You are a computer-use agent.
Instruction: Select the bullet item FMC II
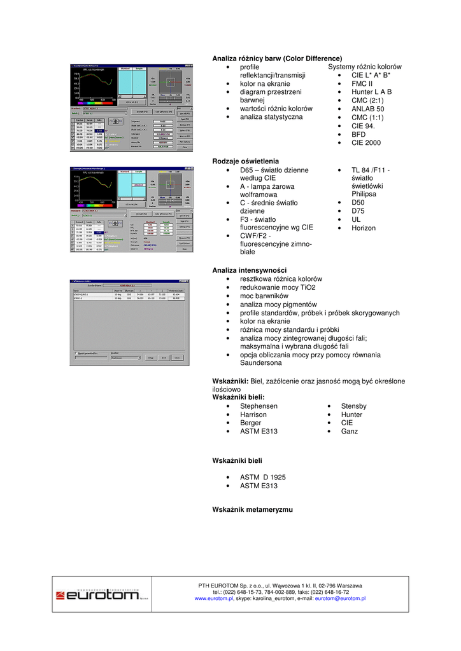(x=362, y=83)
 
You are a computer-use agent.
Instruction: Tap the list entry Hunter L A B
(x=371, y=92)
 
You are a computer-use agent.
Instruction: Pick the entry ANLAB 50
(x=367, y=109)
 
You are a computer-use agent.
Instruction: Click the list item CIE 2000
(x=365, y=142)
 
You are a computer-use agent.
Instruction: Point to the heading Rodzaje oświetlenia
(x=245, y=161)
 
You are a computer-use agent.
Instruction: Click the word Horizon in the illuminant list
(x=363, y=228)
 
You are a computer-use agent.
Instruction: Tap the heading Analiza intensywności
(x=249, y=270)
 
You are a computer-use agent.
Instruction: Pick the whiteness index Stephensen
(x=259, y=406)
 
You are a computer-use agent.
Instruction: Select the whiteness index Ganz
(x=349, y=431)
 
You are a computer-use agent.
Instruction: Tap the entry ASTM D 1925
(x=263, y=477)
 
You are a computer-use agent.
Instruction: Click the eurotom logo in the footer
(x=97, y=596)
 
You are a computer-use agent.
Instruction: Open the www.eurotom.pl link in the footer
(x=214, y=598)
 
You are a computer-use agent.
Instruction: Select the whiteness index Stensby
(x=353, y=406)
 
